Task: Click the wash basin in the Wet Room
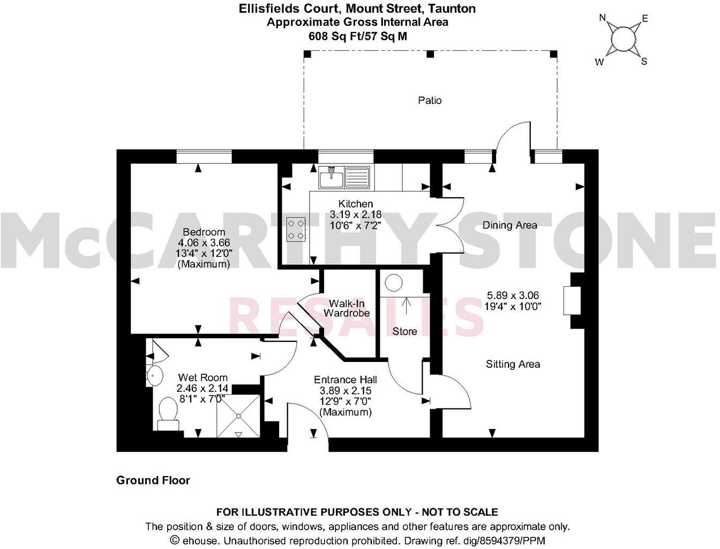coord(154,375)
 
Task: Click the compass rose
coord(622,40)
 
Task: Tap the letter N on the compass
coord(603,18)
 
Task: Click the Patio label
coord(430,100)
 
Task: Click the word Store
coord(404,331)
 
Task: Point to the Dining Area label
coord(509,225)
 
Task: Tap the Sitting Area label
coord(513,365)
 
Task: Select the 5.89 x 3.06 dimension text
coord(513,295)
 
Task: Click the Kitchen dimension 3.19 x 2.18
coord(356,214)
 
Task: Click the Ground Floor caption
coord(153,480)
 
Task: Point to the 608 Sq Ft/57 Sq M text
coord(357,36)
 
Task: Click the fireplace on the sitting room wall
coord(569,301)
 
